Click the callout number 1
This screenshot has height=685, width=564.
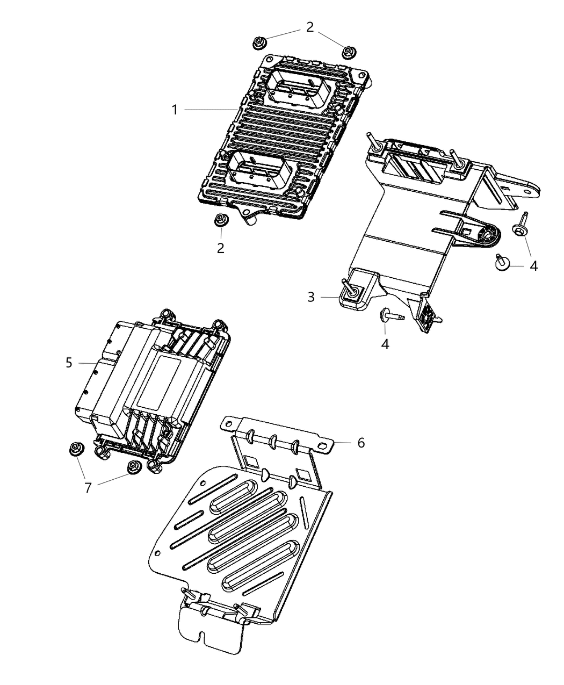tap(175, 110)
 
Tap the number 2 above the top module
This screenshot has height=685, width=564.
tap(310, 27)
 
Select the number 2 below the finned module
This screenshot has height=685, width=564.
tap(220, 248)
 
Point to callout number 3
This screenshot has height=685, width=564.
tap(311, 297)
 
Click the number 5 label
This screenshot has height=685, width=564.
tap(69, 363)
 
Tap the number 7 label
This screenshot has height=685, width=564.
tap(88, 487)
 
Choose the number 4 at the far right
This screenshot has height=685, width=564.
tap(533, 265)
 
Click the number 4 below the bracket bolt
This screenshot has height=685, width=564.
tap(385, 343)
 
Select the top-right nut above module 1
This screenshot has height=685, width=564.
tap(348, 51)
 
